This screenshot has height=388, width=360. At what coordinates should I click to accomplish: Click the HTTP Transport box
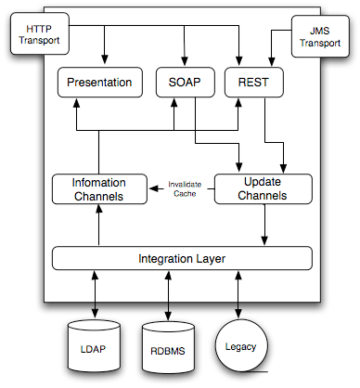coord(37,35)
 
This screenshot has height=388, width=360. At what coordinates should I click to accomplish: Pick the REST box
coord(253,82)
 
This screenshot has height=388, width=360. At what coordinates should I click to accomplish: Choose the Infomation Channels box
coord(99,188)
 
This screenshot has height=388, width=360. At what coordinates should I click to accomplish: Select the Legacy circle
coord(241,346)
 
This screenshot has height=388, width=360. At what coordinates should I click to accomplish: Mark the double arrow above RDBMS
coord(168,295)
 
